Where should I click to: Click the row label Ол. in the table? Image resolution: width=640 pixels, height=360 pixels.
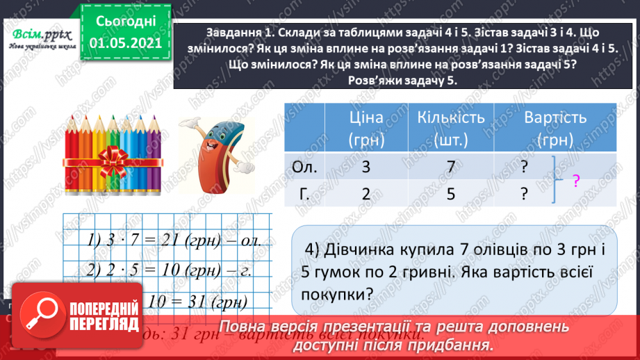point(305,167)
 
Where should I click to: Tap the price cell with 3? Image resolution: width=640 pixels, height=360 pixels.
point(366,167)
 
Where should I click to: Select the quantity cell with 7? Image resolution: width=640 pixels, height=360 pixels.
point(450,167)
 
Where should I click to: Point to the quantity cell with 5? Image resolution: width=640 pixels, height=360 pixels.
point(450,195)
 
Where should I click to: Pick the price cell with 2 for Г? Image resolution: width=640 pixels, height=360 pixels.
point(366,195)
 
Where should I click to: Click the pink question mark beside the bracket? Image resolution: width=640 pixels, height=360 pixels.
point(576,182)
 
